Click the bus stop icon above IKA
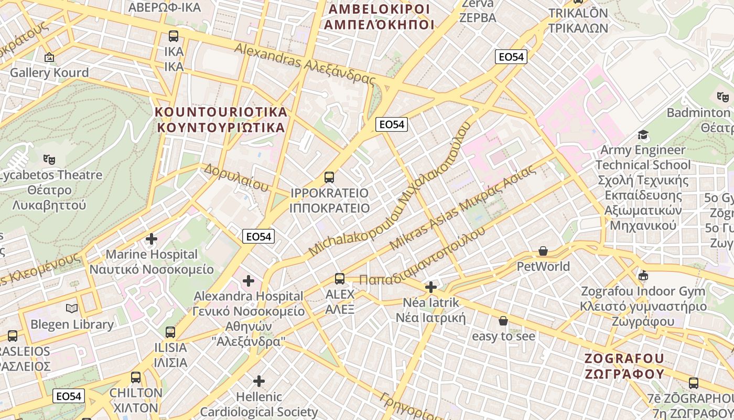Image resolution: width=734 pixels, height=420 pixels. coord(173,36)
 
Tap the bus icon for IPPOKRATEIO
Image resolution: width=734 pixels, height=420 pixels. coord(329,177)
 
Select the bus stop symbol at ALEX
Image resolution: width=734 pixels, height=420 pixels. coord(340,279)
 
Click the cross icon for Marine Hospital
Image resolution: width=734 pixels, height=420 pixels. coord(152,239)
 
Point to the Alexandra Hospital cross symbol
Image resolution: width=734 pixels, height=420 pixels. coord(249,281)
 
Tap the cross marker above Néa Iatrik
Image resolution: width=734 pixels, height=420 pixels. coord(431,287)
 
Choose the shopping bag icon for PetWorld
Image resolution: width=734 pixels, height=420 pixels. coord(543,251)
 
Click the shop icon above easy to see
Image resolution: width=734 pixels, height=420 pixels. coord(503,321)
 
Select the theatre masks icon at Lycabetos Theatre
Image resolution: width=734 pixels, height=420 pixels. coord(49,159)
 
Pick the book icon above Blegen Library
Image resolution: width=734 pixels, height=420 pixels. coord(72,309)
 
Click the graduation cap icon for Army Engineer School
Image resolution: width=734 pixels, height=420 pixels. coord(643,135)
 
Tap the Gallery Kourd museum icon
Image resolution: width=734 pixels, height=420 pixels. coord(49,57)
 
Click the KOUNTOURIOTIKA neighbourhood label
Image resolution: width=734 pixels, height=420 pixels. coord(221,120)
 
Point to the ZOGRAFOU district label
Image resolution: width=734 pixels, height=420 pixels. coord(624,366)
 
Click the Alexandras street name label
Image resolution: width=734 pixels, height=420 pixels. coord(305,64)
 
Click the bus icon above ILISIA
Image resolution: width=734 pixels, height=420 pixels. coord(170,332)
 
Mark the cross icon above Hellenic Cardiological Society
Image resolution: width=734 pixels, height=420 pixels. coord(259,381)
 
